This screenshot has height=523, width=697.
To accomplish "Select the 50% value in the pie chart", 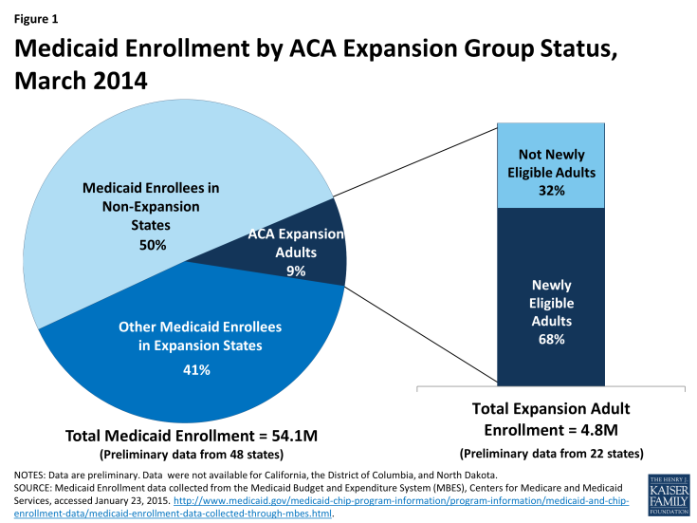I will point(151,245).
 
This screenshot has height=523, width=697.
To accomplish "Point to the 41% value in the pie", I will point(196,369).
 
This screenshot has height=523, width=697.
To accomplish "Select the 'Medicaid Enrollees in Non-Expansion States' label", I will point(151,207).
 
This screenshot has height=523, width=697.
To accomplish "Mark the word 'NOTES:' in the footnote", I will point(32,474).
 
